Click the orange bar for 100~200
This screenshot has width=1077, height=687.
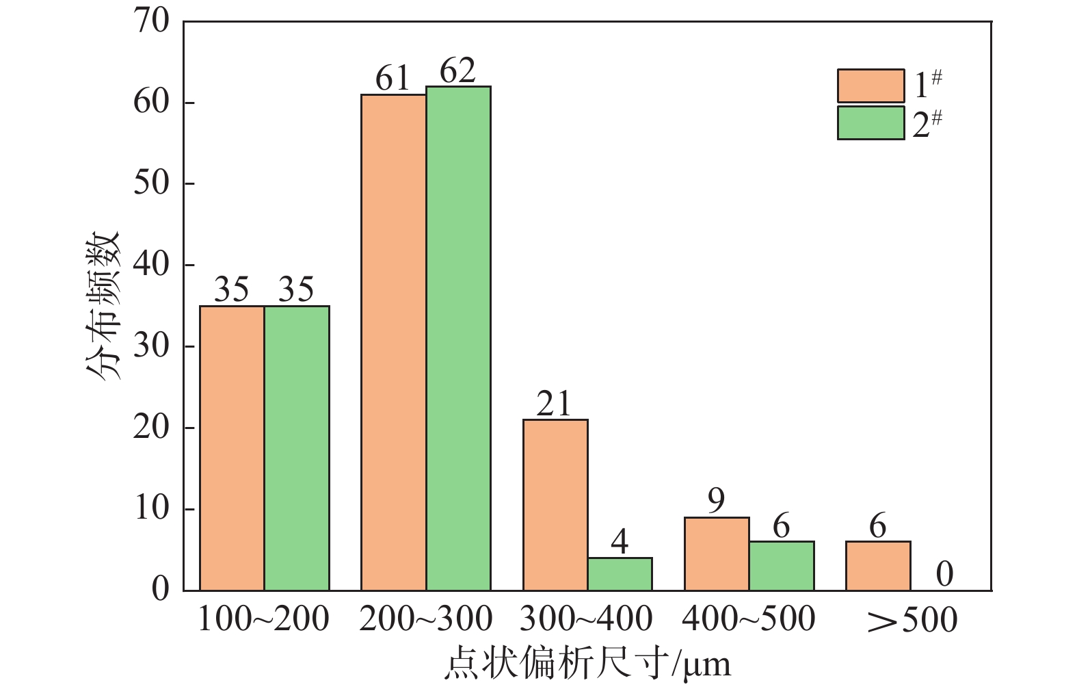click(x=232, y=448)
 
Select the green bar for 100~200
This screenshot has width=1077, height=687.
click(x=297, y=448)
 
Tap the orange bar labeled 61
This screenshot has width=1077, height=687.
click(x=394, y=342)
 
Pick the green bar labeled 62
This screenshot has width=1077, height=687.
click(x=458, y=339)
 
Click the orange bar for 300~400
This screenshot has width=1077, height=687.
click(x=555, y=505)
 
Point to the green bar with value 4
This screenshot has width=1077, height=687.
click(x=620, y=574)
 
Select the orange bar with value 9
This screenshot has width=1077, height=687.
click(x=717, y=554)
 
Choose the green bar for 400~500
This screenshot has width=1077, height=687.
click(x=782, y=566)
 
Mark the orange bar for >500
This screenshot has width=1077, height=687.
click(x=878, y=566)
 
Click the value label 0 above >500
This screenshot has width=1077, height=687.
click(x=944, y=574)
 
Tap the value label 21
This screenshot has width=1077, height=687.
click(x=554, y=404)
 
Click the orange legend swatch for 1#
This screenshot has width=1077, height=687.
click(x=870, y=86)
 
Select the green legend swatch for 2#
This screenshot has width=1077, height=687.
click(x=870, y=123)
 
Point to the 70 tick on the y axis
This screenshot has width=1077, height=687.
click(x=151, y=21)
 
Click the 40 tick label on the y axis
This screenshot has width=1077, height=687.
click(x=151, y=265)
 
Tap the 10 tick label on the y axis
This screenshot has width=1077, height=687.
click(x=151, y=508)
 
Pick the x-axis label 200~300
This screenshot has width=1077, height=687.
click(x=425, y=619)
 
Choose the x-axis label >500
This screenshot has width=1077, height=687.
click(x=912, y=620)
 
